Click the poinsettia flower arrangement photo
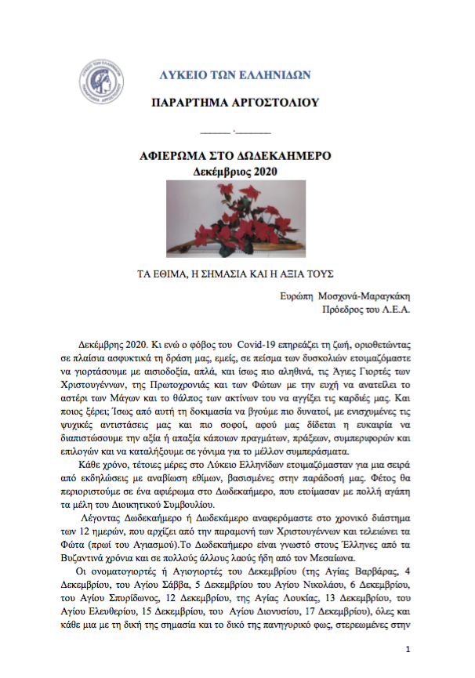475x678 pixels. click(x=235, y=219)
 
